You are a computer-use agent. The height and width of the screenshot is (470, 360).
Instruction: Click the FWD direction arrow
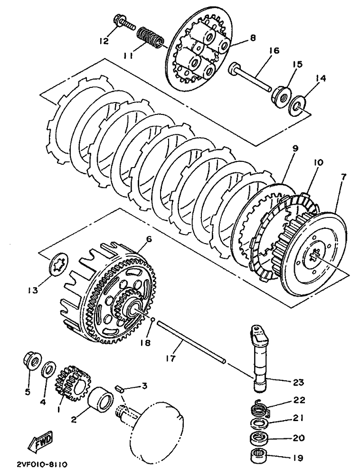(x=40, y=442)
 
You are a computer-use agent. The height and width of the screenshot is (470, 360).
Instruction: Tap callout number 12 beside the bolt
(x=104, y=41)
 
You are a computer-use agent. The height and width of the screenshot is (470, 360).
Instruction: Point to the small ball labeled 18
(x=152, y=319)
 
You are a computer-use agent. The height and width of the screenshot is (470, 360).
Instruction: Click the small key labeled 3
(x=120, y=389)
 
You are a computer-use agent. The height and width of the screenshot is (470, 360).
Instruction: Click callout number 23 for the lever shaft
(x=298, y=382)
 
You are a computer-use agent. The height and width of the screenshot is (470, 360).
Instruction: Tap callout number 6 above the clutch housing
(x=149, y=239)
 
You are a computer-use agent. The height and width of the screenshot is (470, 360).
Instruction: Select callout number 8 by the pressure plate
(x=252, y=38)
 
